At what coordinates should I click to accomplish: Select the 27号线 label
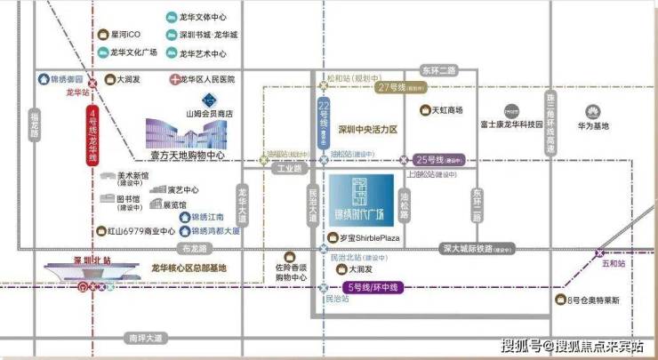(x=391, y=88)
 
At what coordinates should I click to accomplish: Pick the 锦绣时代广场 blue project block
(x=361, y=203)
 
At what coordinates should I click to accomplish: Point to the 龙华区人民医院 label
(x=206, y=80)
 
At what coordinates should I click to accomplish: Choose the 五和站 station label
(x=614, y=264)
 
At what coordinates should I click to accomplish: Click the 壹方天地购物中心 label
(x=185, y=156)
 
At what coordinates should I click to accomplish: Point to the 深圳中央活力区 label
(x=368, y=130)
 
